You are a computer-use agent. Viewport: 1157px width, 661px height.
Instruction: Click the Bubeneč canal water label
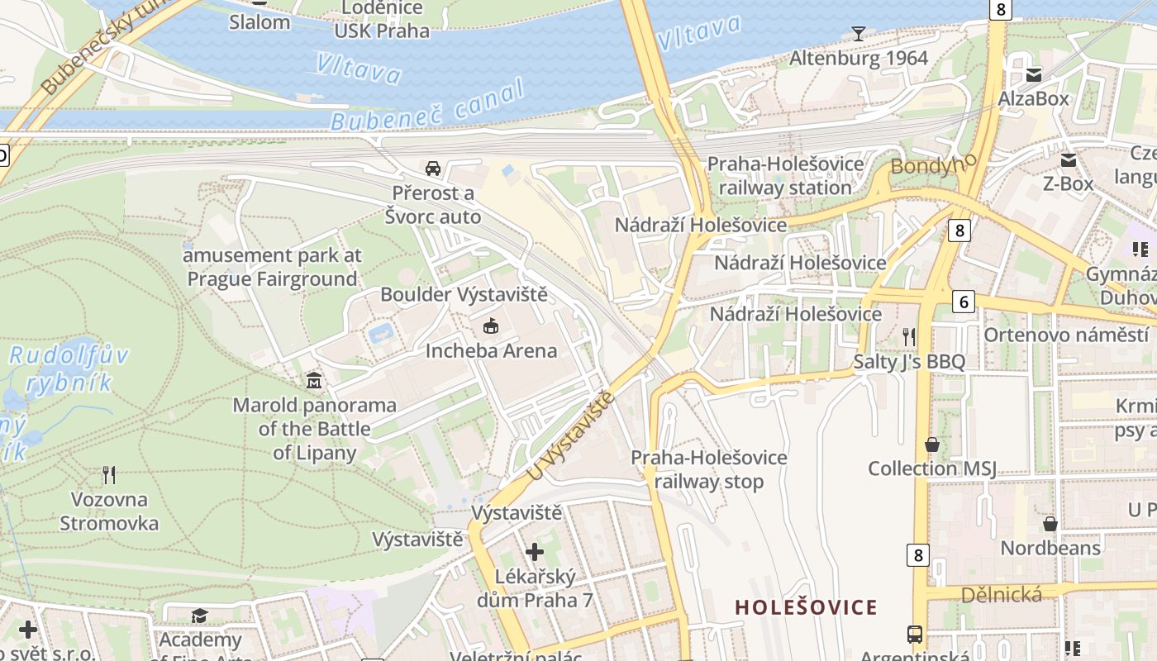click(x=428, y=106)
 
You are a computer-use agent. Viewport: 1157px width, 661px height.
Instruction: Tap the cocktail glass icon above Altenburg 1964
click(x=859, y=34)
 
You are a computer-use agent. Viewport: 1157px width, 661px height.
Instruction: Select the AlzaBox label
click(x=1033, y=99)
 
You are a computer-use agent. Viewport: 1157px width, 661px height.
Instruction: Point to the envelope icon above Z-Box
click(x=1069, y=159)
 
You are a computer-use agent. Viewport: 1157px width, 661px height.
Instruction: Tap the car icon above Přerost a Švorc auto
click(x=432, y=169)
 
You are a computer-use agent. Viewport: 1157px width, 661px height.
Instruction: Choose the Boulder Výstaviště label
click(x=464, y=294)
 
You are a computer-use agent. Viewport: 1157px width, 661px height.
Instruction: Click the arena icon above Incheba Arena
click(x=491, y=326)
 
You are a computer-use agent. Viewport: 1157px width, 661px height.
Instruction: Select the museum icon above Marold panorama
click(x=314, y=381)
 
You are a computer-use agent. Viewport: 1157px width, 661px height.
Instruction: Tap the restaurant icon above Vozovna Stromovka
click(x=108, y=474)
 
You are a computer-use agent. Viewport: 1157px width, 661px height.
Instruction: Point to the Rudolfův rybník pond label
click(x=69, y=369)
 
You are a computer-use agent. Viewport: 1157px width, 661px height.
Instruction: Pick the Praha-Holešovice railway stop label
click(x=709, y=469)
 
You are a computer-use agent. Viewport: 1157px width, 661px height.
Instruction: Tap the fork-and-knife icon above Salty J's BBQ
click(x=909, y=336)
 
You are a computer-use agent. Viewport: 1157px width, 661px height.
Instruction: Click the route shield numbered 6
click(x=963, y=302)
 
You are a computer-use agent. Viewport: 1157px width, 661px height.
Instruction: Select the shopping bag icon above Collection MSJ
click(x=932, y=445)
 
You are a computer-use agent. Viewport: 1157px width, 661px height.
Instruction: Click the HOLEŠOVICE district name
click(x=806, y=608)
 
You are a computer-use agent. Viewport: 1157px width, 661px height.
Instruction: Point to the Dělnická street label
click(x=1001, y=594)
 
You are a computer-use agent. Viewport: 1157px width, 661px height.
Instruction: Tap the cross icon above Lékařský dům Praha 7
click(x=535, y=551)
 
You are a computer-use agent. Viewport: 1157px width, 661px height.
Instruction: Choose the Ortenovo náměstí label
click(x=1065, y=335)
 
